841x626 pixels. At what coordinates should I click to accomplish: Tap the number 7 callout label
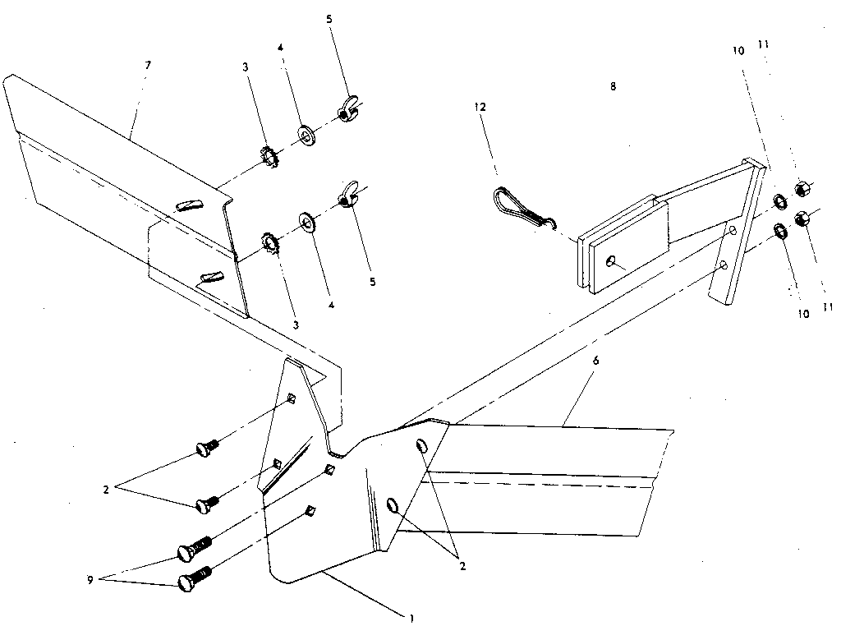[x=148, y=64]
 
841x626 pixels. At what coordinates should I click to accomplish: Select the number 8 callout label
[x=613, y=85]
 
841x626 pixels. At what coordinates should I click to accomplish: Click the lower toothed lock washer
[x=269, y=242]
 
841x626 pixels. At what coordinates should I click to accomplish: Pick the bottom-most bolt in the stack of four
[x=195, y=580]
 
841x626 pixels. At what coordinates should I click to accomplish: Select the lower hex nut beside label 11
[x=803, y=219]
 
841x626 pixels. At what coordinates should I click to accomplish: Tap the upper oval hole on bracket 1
[x=420, y=446]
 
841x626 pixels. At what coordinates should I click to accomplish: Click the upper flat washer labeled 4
[x=307, y=133]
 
